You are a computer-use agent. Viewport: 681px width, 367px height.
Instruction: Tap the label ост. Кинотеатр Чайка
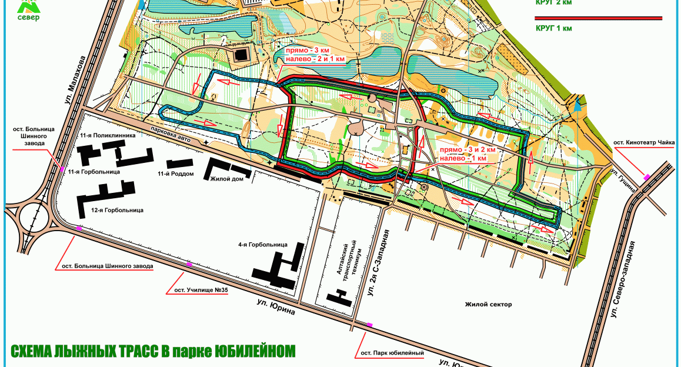[644, 142]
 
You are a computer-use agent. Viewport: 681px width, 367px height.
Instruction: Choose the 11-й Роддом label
[176, 174]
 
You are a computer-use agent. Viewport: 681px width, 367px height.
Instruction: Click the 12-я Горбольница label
[117, 210]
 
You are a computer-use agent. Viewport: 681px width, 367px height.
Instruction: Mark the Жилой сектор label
[488, 305]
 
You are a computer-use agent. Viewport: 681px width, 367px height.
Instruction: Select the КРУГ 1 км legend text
[554, 28]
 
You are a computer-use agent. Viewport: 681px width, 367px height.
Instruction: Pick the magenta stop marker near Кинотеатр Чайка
[647, 177]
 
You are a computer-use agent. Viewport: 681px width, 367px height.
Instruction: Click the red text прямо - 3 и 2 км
[468, 150]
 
